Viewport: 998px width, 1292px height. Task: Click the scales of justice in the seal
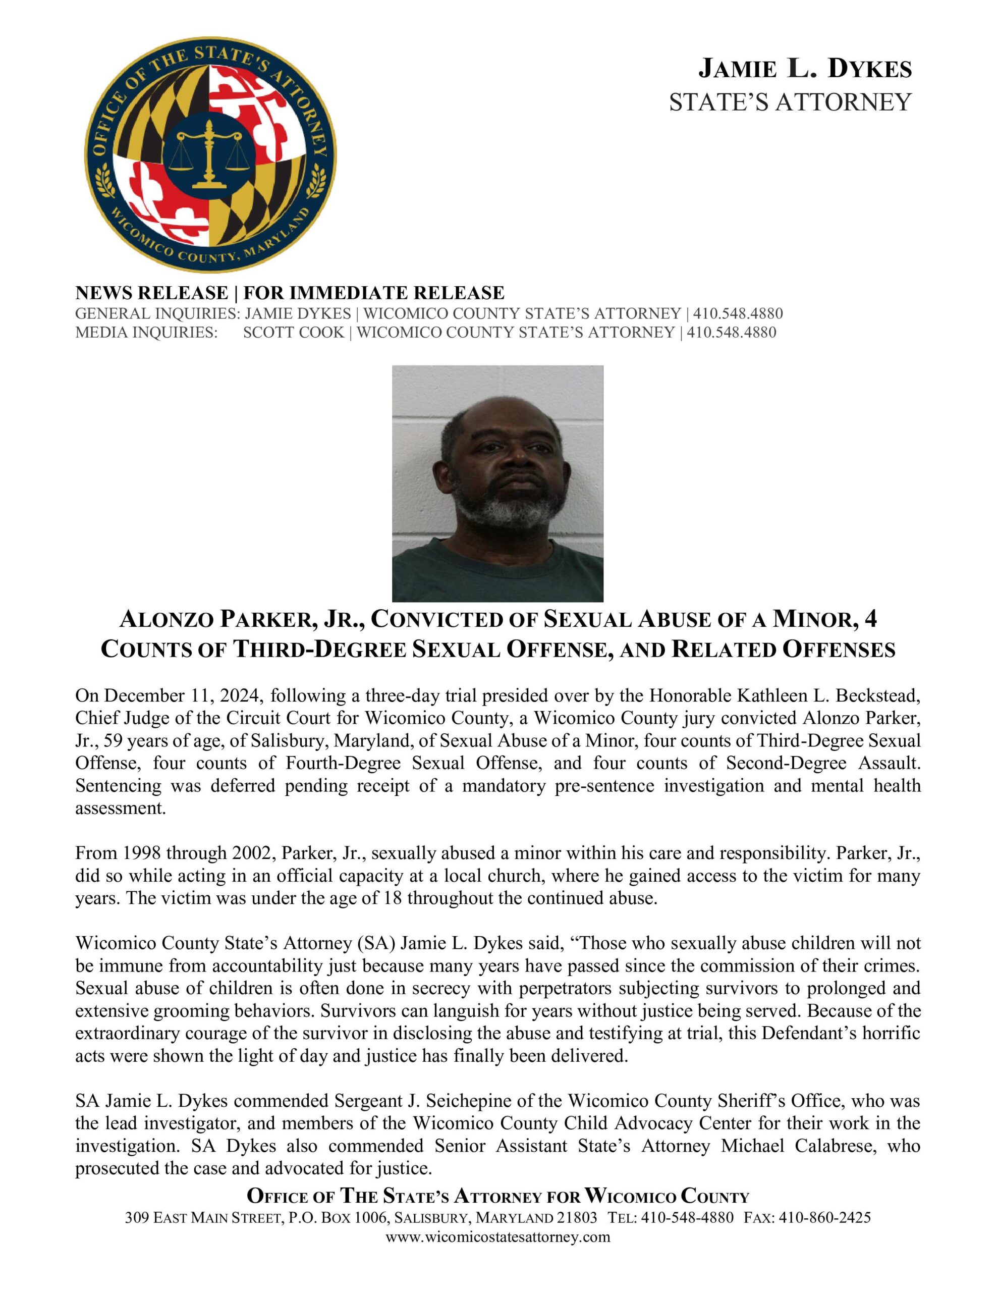click(209, 155)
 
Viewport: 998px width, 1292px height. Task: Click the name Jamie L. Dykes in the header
click(805, 69)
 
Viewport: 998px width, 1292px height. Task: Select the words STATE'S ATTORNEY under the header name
click(790, 102)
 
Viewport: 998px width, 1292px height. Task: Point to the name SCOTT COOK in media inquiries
click(294, 333)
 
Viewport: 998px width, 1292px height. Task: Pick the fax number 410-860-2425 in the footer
click(824, 1217)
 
